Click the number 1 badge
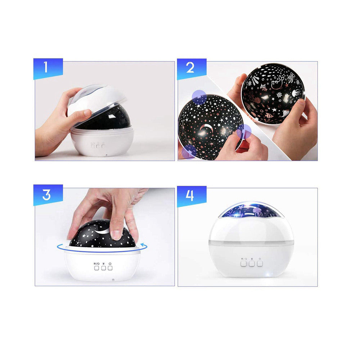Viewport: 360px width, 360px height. pos(48,69)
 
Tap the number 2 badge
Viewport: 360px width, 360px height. pos(192,69)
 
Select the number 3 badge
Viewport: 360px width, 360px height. pos(48,195)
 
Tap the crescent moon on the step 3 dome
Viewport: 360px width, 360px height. pos(103,230)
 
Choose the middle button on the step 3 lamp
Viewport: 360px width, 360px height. pos(104,268)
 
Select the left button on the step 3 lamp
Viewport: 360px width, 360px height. pos(96,268)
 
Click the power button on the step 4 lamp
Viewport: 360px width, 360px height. pos(260,263)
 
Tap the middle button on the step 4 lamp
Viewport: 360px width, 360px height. pos(252,264)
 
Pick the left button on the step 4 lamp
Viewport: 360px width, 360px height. pos(243,264)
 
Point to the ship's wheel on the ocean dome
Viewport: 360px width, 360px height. pos(279,95)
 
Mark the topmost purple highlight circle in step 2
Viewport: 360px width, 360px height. pos(199,97)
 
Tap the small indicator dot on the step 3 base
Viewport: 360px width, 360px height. pos(113,280)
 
